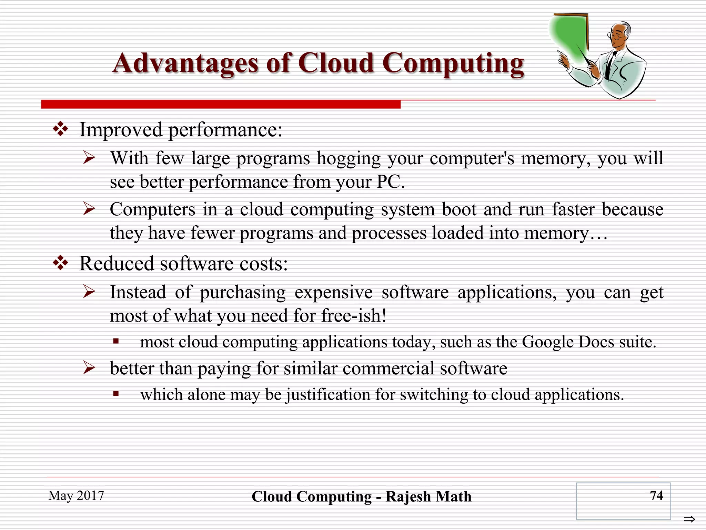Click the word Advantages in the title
(x=185, y=63)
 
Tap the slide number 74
(x=656, y=495)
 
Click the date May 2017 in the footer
(x=76, y=495)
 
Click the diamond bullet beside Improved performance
(x=60, y=129)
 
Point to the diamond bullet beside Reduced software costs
(x=60, y=263)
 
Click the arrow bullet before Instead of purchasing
(x=89, y=292)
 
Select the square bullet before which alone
(x=116, y=394)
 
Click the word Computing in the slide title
(x=453, y=63)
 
